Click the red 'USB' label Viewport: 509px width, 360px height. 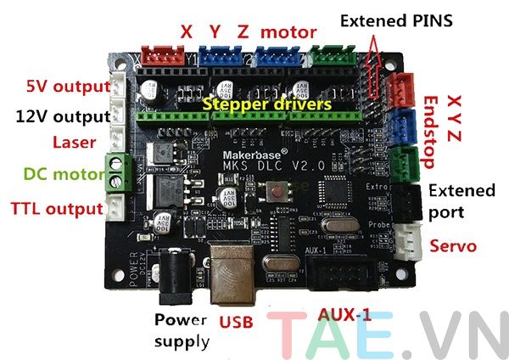tap(237, 322)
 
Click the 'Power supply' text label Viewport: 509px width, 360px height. tap(180, 332)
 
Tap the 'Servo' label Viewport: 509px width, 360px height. tap(452, 246)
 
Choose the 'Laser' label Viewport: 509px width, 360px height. tap(73, 142)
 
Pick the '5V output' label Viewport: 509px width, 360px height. tap(64, 87)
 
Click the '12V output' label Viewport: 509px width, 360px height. tap(63, 116)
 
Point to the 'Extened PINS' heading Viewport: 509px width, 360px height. tap(395, 19)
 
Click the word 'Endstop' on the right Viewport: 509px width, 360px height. tap(433, 127)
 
